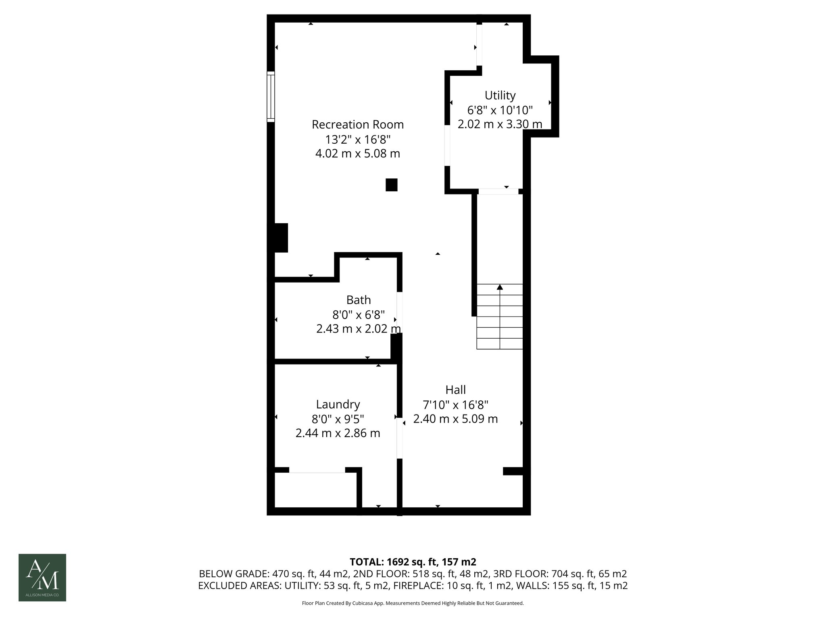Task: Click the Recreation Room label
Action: tap(358, 124)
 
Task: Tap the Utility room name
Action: tap(500, 95)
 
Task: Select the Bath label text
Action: tap(359, 300)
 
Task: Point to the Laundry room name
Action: tap(338, 404)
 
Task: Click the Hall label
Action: tap(456, 390)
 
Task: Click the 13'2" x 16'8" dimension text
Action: tap(358, 139)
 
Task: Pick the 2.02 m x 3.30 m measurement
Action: tap(500, 124)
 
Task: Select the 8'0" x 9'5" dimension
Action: tap(338, 419)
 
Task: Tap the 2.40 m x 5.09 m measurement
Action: tap(456, 419)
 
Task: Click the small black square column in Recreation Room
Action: tap(392, 185)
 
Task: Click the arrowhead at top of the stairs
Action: tap(500, 287)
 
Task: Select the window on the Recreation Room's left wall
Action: tap(271, 97)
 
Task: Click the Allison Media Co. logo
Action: tap(42, 577)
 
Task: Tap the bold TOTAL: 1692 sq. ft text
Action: tap(413, 562)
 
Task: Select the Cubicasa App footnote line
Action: tap(413, 603)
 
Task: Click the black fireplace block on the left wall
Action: tap(281, 238)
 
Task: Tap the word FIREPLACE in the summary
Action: tap(421, 586)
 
